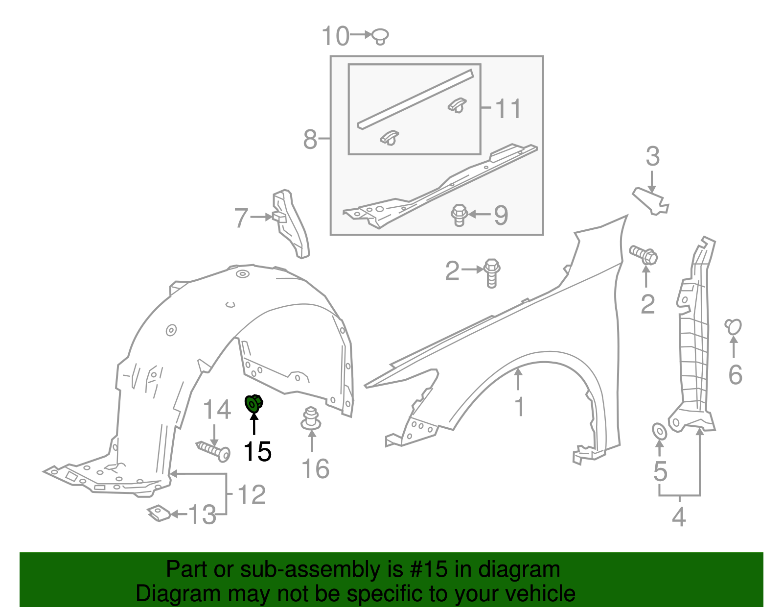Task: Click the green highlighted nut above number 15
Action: [x=253, y=404]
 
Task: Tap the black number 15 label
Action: [x=257, y=451]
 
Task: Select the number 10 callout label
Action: [x=335, y=36]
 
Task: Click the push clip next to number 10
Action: [x=380, y=36]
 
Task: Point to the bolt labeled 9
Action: [x=459, y=215]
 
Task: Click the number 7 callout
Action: [x=241, y=218]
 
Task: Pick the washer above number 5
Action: [x=659, y=431]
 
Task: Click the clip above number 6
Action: [x=734, y=327]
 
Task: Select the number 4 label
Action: [x=679, y=517]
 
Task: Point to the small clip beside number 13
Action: [x=159, y=513]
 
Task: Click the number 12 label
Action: [x=252, y=494]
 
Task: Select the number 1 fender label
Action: [x=519, y=407]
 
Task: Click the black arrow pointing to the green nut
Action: [x=254, y=424]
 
